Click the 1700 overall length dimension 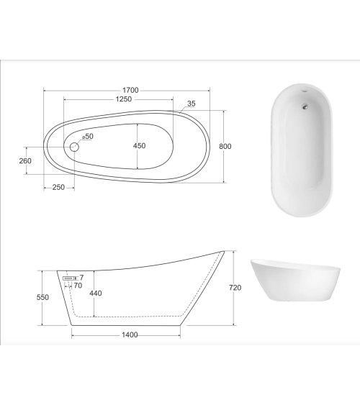tap(130, 90)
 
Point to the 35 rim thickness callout tap(191, 104)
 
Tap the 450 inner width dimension tap(139, 146)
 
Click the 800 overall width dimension tap(225, 146)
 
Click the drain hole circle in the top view tap(73, 147)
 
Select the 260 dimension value tap(25, 160)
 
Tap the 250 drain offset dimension tap(58, 187)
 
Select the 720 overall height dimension tap(235, 288)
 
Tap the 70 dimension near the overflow tap(78, 286)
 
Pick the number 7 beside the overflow tap(81, 277)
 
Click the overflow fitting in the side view tap(69, 277)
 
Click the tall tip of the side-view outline tap(222, 251)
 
